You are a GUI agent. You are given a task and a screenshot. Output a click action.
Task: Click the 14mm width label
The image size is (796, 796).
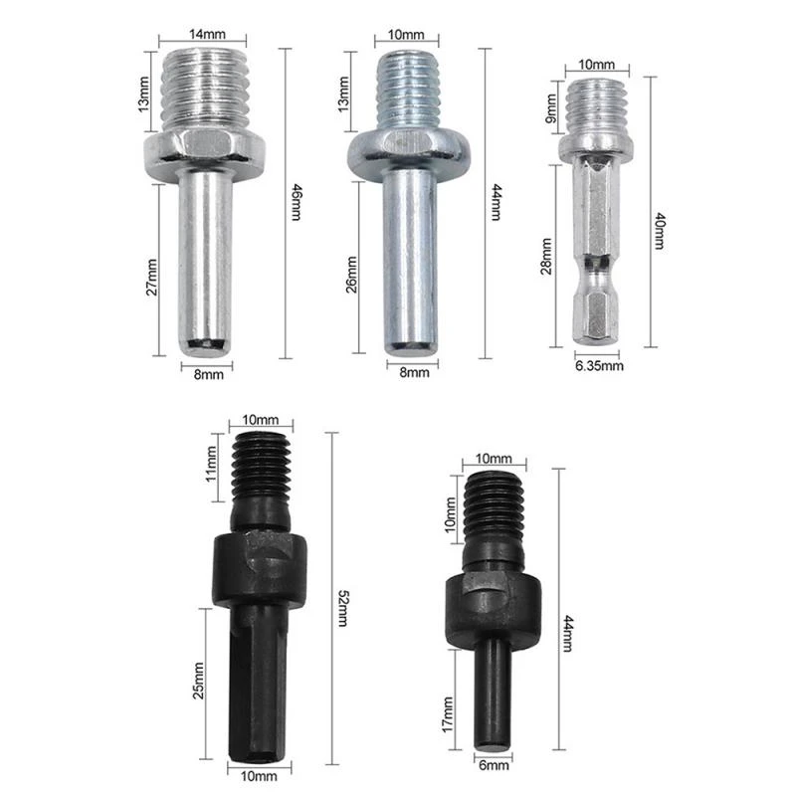(x=205, y=33)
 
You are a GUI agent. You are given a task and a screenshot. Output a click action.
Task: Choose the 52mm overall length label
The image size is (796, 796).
(x=342, y=607)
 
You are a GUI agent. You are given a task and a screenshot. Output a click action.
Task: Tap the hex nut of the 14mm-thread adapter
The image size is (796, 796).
(x=206, y=150)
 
